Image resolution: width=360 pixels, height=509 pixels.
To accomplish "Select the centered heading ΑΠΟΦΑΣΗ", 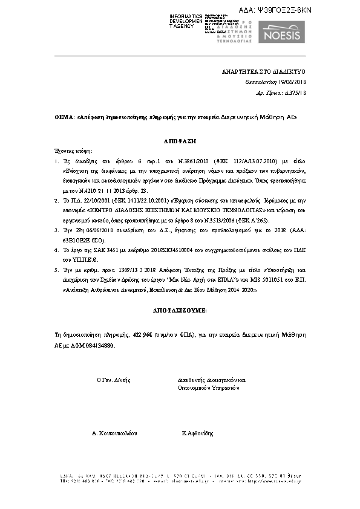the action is click(179, 140).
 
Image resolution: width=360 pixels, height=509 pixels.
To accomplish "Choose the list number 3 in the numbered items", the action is click(56, 231).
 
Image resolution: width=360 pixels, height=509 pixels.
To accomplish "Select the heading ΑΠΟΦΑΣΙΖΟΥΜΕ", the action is click(180, 310).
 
